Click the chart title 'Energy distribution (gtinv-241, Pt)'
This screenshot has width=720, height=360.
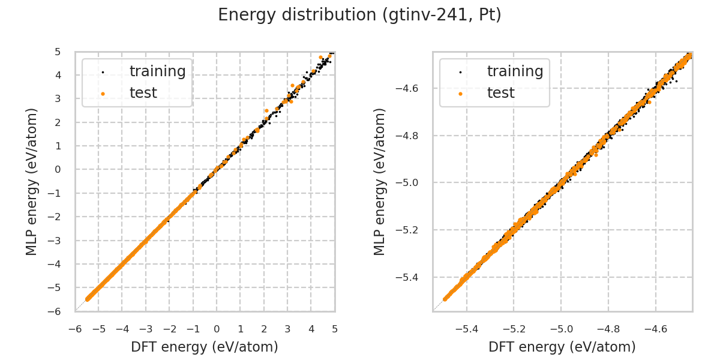[x=359, y=15]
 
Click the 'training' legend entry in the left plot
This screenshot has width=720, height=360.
[x=157, y=71]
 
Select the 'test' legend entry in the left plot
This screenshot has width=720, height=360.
[x=143, y=93]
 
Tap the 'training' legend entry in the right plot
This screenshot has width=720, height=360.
[x=515, y=71]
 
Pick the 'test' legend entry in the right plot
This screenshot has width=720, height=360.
[x=501, y=93]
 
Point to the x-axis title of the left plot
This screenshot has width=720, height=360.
[x=205, y=347]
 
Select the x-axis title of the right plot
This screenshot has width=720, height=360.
[x=562, y=347]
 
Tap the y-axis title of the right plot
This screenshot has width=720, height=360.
[x=380, y=181]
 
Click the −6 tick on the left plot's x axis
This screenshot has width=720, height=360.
[x=75, y=329]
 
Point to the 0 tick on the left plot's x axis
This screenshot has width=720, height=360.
[x=217, y=329]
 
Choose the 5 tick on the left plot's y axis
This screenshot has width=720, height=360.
[x=58, y=52]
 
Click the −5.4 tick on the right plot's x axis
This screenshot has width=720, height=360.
[x=467, y=329]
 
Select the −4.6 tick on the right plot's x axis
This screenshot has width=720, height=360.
[x=655, y=329]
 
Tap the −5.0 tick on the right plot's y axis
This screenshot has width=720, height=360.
[x=411, y=182]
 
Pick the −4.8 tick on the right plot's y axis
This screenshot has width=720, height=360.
[x=411, y=136]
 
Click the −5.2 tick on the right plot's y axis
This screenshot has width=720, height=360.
[x=411, y=230]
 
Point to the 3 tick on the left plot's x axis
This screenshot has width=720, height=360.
[x=287, y=329]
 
